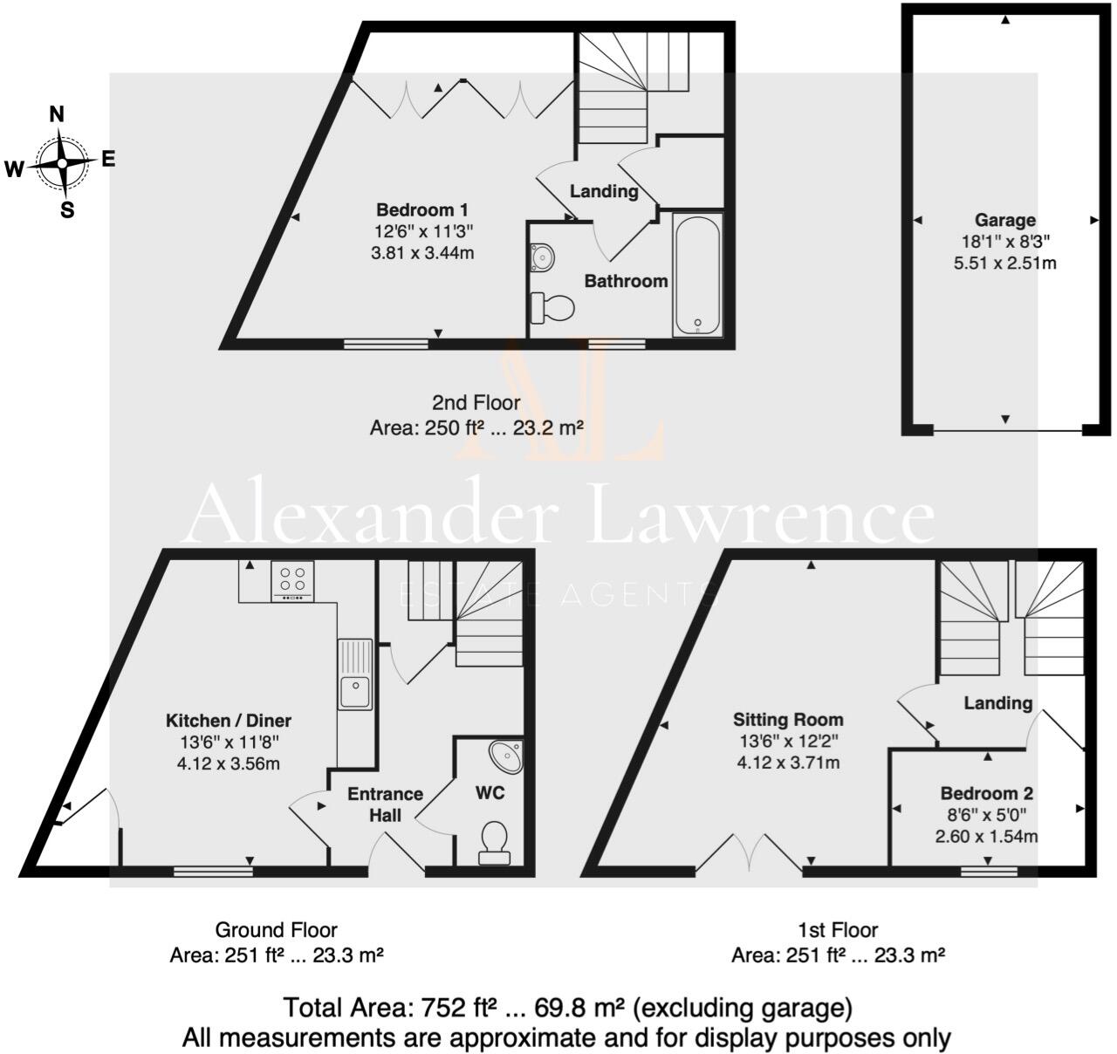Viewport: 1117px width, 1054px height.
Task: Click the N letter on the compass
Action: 58,114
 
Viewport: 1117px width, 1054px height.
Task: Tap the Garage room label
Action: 1004,221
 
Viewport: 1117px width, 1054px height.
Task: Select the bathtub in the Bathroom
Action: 696,274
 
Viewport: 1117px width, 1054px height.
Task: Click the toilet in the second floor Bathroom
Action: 552,307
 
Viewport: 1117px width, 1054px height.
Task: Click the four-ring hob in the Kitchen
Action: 292,581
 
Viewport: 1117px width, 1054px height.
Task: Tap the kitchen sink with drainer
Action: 355,674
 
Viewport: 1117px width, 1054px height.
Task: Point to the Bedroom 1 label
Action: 421,210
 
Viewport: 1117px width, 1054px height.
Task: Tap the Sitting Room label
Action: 788,720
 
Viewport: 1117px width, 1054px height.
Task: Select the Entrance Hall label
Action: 385,804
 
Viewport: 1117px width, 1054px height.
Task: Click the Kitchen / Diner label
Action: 229,721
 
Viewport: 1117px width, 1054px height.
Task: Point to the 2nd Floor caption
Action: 476,403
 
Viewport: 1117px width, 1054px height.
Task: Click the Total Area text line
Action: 566,1009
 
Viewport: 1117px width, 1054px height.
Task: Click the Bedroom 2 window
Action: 989,870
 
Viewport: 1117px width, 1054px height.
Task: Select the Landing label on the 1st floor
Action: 998,702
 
